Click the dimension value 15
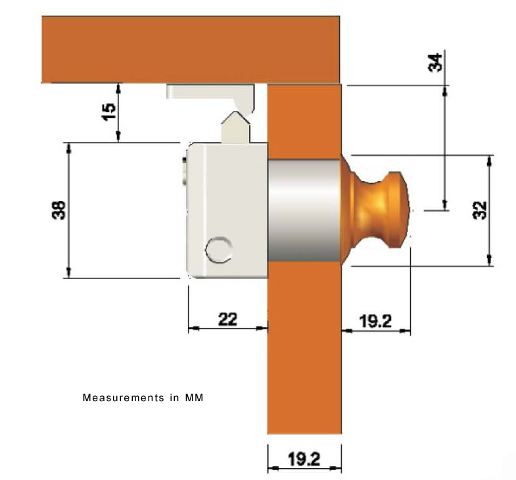pos(109,112)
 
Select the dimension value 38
pos(59,210)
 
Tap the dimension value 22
pos(227,319)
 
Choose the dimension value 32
pos(479,210)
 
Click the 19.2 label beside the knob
pos(375,321)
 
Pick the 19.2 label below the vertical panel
pos(304,459)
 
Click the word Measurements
pos(123,398)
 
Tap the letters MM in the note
pos(194,398)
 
